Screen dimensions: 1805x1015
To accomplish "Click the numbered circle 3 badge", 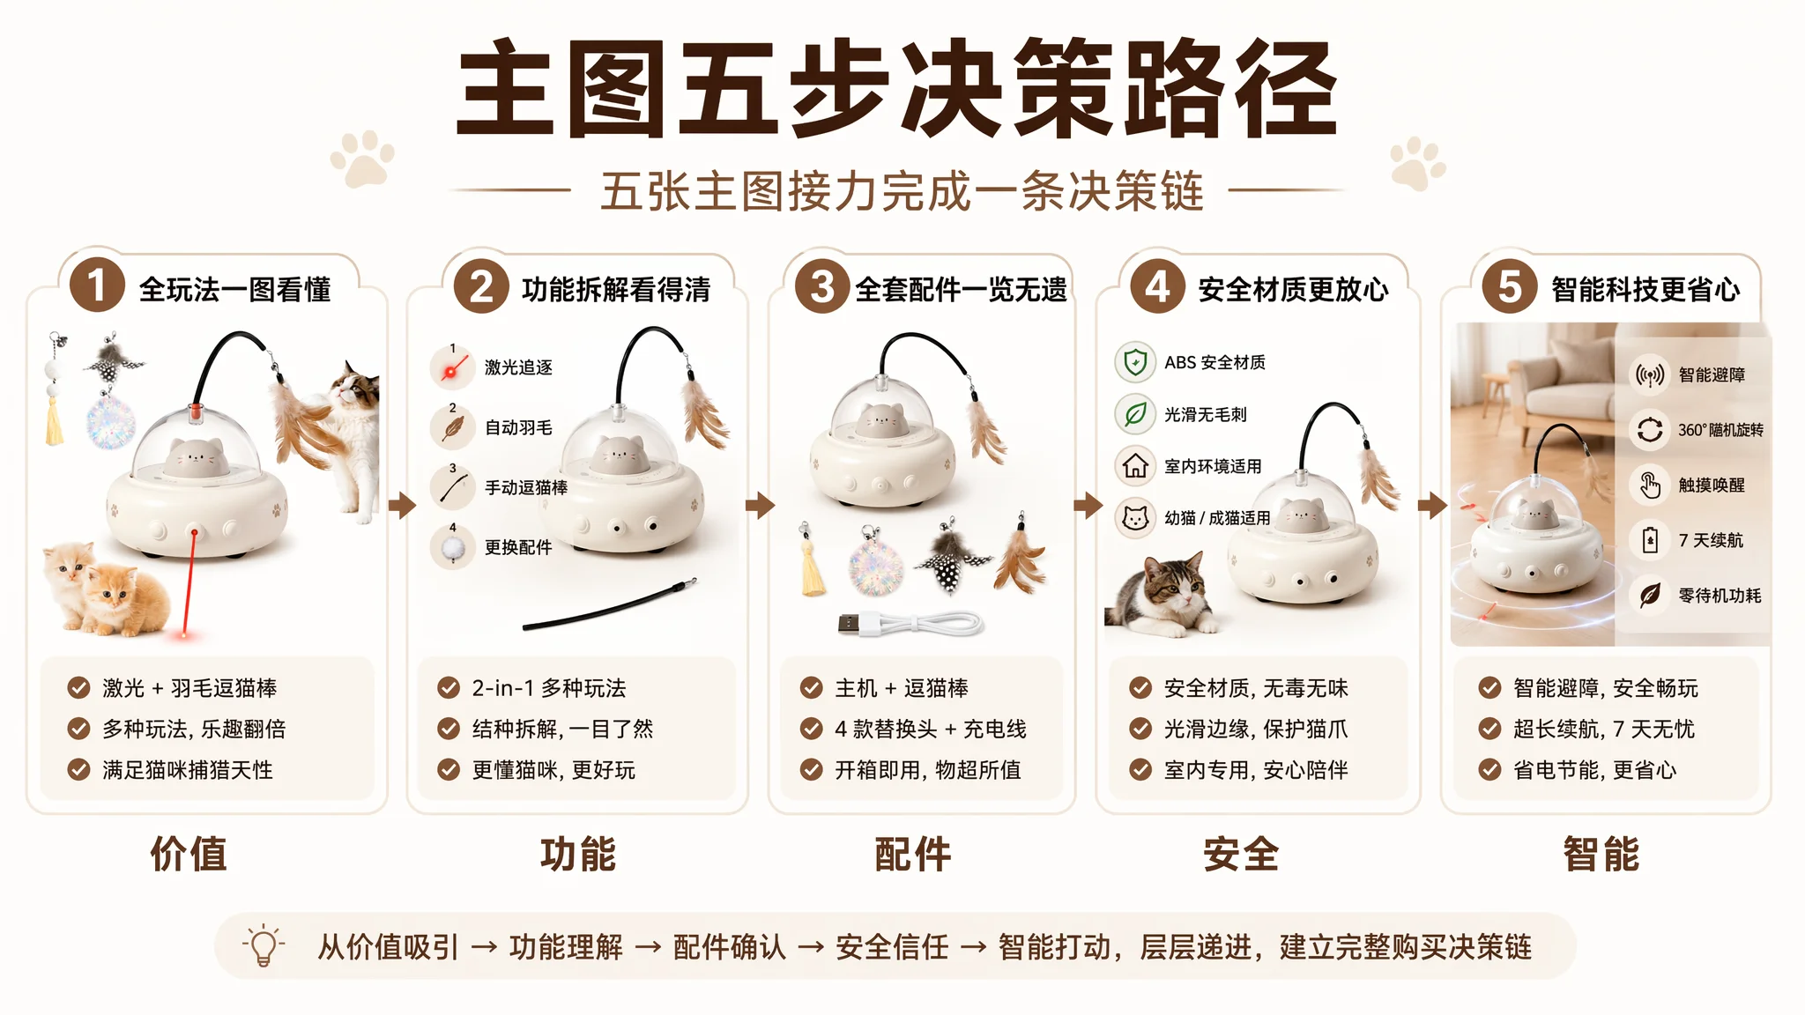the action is click(x=821, y=286).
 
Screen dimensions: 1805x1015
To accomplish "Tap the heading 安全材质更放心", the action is click(x=1293, y=289).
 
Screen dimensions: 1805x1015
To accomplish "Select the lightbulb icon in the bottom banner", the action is click(x=264, y=946).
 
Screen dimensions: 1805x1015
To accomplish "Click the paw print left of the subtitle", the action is click(x=362, y=159).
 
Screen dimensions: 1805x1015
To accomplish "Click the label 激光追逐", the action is click(x=518, y=367).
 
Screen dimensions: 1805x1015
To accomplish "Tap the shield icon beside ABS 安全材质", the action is click(x=1135, y=362).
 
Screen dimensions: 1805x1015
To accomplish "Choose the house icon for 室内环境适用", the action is click(x=1135, y=465).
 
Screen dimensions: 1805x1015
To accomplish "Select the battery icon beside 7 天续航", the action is click(x=1650, y=539).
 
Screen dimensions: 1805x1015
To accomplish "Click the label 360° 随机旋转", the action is click(x=1720, y=430).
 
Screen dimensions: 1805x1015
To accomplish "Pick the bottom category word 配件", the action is click(x=913, y=854).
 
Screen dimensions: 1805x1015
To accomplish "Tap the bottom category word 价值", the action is click(x=189, y=854).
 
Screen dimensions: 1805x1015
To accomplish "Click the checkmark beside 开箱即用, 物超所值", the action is click(x=811, y=770).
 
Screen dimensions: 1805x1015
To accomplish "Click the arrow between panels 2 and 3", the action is click(x=760, y=505).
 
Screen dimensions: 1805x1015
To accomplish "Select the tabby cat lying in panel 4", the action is click(x=1162, y=592).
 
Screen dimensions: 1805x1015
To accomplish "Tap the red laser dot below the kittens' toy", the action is click(x=184, y=633).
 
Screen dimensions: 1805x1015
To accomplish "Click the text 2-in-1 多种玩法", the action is click(x=549, y=688).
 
